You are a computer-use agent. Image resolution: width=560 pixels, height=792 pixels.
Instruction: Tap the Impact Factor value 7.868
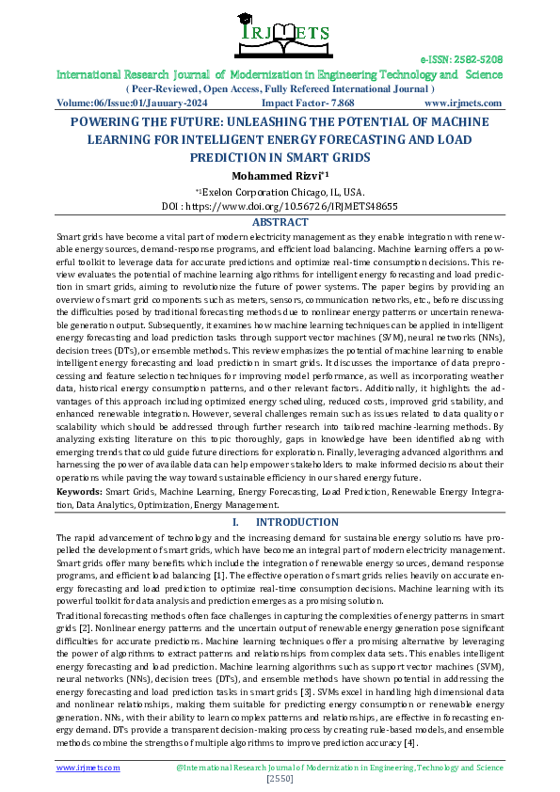tap(337, 103)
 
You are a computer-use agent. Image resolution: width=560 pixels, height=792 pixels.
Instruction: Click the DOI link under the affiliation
tap(280, 205)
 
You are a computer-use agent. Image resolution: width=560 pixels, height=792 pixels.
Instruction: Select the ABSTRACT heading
tap(280, 222)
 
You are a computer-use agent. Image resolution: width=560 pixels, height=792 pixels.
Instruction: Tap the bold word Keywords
tap(78, 492)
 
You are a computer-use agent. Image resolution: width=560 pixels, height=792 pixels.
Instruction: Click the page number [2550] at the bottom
tap(280, 779)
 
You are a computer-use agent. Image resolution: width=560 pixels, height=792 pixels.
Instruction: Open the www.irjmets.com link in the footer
tap(88, 768)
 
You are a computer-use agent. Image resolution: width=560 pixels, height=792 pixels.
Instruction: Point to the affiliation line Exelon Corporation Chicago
tap(280, 190)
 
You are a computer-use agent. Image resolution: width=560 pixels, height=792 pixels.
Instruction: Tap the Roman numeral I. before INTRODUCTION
tap(234, 522)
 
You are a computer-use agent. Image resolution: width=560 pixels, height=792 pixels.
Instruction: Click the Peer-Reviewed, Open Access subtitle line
tap(280, 87)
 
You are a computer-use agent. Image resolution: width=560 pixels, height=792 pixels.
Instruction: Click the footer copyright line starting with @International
tap(339, 768)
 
